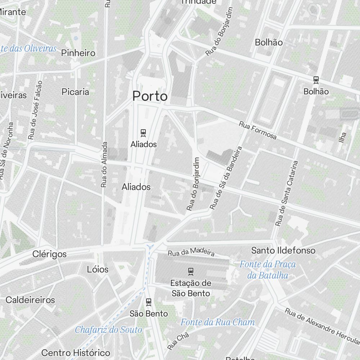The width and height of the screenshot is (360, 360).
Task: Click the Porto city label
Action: click(150, 96)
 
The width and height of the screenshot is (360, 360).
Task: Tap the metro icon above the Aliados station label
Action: click(144, 133)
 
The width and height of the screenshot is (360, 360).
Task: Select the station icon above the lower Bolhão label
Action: click(316, 80)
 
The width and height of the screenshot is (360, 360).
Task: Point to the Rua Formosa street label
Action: click(258, 130)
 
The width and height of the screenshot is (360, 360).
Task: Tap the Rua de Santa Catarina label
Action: click(287, 193)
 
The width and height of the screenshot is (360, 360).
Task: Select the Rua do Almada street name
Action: click(104, 165)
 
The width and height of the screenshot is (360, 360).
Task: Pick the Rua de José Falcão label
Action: click(35, 110)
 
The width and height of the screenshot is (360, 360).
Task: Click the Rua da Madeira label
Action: click(191, 252)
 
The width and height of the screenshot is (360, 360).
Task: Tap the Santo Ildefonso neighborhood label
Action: click(283, 250)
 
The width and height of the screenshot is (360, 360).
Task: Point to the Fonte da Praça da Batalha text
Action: click(268, 270)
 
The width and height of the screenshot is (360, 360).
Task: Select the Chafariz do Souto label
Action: click(108, 329)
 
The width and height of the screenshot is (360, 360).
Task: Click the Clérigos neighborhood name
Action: click(49, 254)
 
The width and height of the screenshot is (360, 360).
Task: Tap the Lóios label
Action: click(98, 269)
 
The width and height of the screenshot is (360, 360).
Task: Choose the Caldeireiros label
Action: click(30, 300)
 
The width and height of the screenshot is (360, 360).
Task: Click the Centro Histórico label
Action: click(76, 352)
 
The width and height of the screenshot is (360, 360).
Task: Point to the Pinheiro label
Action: click(78, 53)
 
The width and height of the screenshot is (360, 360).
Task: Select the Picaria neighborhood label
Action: click(75, 92)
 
